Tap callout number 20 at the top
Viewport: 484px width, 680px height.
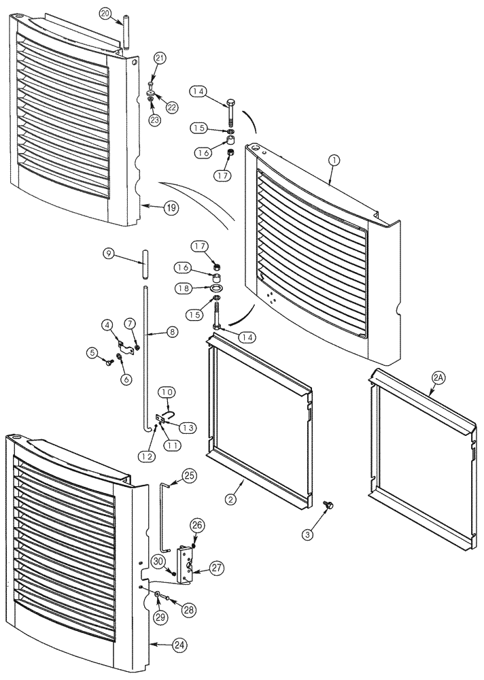pyautogui.click(x=105, y=13)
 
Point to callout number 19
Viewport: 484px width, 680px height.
pyautogui.click(x=171, y=209)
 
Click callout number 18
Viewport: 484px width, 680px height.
pyautogui.click(x=183, y=289)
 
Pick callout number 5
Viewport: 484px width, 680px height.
pyautogui.click(x=92, y=352)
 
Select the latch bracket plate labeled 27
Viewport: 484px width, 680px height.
pyautogui.click(x=185, y=562)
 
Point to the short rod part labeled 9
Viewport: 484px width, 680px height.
pyautogui.click(x=145, y=262)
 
